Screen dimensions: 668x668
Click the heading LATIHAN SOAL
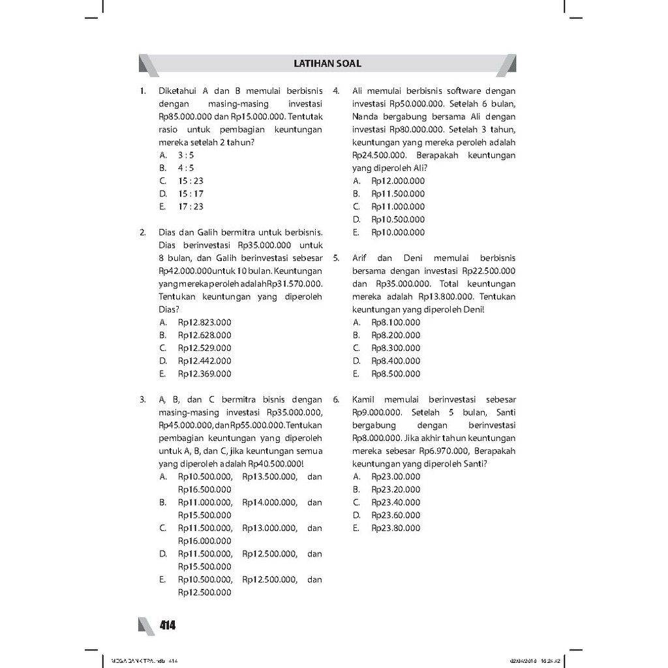(x=327, y=64)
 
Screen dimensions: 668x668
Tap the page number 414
(x=168, y=626)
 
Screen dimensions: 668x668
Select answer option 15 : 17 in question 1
(x=190, y=194)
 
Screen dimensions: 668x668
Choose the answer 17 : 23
(x=190, y=207)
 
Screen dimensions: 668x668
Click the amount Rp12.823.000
(x=205, y=322)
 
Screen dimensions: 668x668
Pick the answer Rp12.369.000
(x=205, y=374)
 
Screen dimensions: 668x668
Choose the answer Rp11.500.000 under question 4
(x=398, y=194)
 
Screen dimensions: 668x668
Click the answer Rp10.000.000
(x=398, y=232)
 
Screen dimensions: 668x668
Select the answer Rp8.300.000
(x=396, y=348)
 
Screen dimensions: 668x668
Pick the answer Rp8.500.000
(x=396, y=374)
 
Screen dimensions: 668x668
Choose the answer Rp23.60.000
(x=396, y=515)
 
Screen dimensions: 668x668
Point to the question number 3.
(x=142, y=399)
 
